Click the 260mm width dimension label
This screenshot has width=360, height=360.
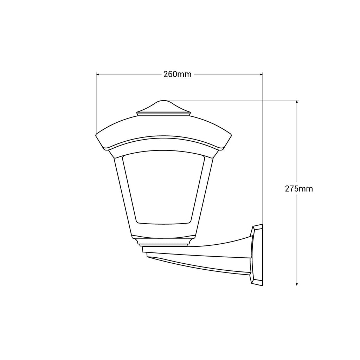[177, 75]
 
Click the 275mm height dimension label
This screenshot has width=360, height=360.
[298, 189]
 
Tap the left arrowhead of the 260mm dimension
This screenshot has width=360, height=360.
[98, 75]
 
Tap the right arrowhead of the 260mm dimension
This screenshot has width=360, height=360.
[261, 75]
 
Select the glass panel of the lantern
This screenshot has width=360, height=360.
[163, 188]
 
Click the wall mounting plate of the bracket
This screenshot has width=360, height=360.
[257, 255]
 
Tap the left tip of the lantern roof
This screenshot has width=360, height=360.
[97, 136]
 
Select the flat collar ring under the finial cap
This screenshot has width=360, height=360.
[163, 114]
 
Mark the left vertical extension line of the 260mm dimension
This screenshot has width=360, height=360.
[96, 102]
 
